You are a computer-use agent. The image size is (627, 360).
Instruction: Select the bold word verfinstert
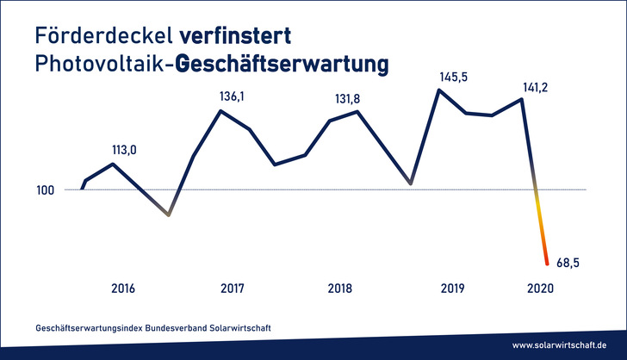coord(234,36)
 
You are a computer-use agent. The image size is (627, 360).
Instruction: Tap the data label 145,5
coord(454,76)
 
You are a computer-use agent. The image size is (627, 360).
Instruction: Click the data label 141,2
coord(538,85)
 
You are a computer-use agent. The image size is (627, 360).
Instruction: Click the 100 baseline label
coord(47,189)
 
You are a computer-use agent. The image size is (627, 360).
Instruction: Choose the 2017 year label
coord(233,289)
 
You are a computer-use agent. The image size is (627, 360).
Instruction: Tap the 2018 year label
coord(340,289)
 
